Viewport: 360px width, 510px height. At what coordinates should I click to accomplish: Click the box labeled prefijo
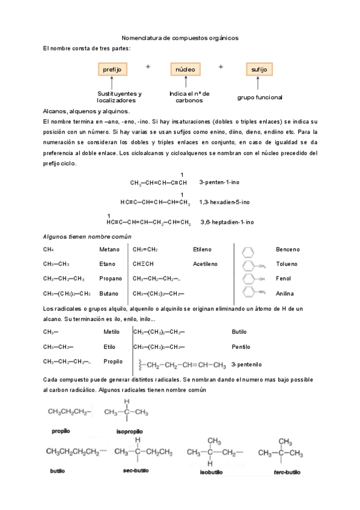point(112,70)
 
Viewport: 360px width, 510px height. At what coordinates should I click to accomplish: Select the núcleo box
point(186,70)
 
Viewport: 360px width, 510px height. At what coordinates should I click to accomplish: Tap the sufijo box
point(260,70)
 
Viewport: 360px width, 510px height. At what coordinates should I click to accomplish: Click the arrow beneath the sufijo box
point(260,83)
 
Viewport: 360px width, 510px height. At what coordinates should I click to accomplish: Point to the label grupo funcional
point(260,97)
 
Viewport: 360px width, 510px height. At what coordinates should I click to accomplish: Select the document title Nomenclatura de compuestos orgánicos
point(180,37)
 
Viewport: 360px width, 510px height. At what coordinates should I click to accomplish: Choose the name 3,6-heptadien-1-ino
point(227,222)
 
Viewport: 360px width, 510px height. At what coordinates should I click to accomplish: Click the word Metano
point(109,249)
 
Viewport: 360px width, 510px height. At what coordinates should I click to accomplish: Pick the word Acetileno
point(207,263)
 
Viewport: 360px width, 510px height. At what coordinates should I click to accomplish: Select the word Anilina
point(284,293)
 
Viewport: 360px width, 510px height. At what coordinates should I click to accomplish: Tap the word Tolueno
point(285,263)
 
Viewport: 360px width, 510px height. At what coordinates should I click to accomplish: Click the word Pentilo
point(241,347)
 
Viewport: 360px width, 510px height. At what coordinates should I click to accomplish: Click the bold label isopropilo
point(129,432)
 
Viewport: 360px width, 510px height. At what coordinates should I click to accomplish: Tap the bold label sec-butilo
point(135,471)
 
